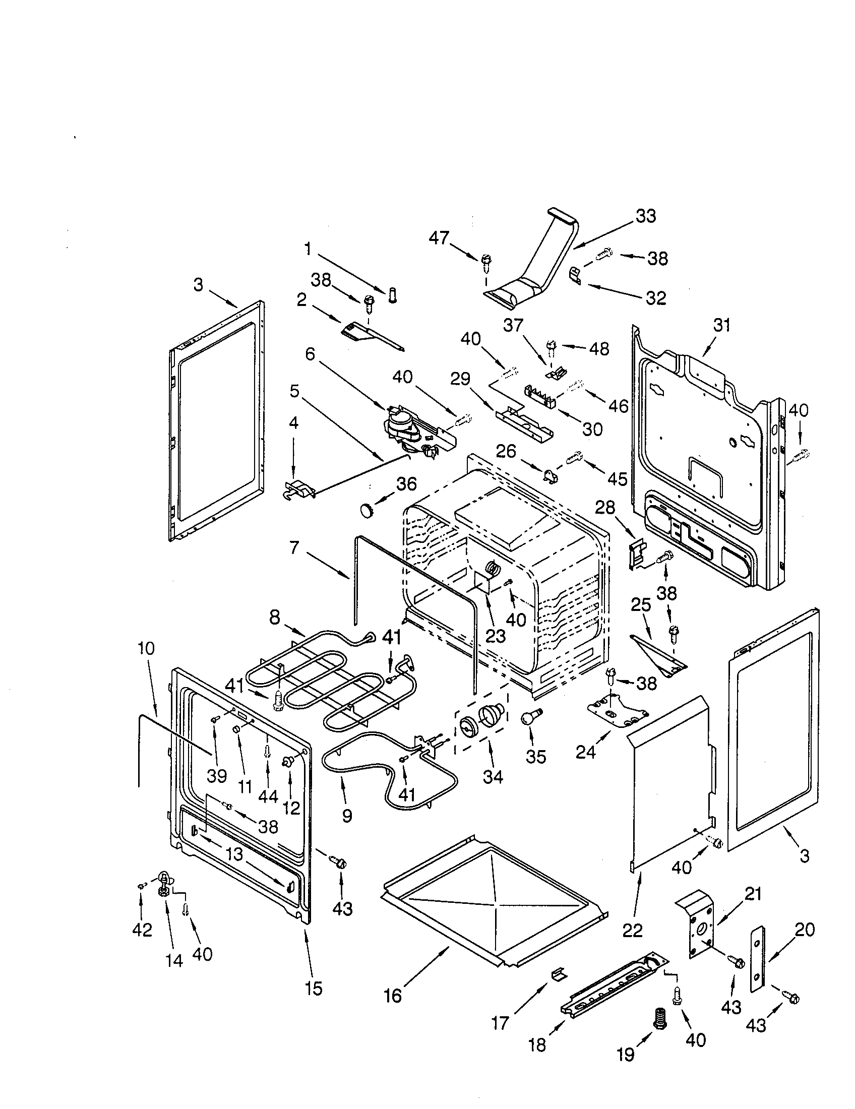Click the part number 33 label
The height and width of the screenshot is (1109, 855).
click(x=646, y=216)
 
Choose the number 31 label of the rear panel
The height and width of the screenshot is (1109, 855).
click(x=721, y=325)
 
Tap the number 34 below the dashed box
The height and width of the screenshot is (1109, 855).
click(x=493, y=791)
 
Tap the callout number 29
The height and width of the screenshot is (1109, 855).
click(x=460, y=379)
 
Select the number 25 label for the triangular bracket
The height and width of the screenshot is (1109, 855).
click(x=641, y=604)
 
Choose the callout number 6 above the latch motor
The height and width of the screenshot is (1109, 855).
click(x=310, y=354)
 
